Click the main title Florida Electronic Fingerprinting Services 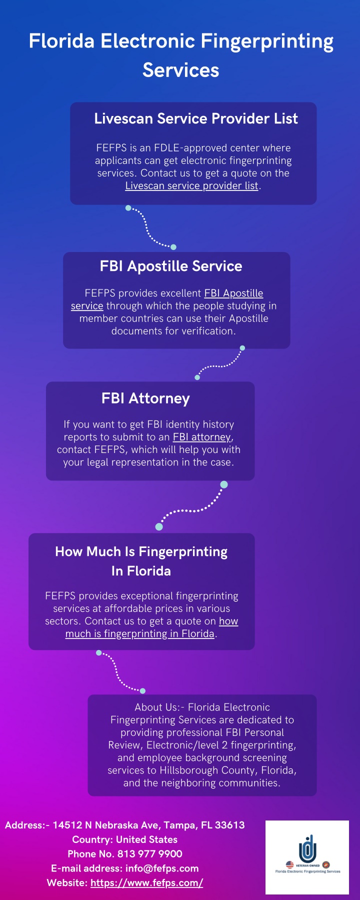(181, 55)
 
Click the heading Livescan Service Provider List (196, 118)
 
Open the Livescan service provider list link (192, 186)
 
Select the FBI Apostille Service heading (171, 266)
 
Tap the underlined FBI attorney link (202, 437)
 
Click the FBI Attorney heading (145, 398)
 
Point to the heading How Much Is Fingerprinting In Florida (141, 561)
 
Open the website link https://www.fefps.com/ (146, 883)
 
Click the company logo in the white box (307, 857)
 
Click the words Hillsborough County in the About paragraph (216, 770)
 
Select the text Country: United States (125, 839)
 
